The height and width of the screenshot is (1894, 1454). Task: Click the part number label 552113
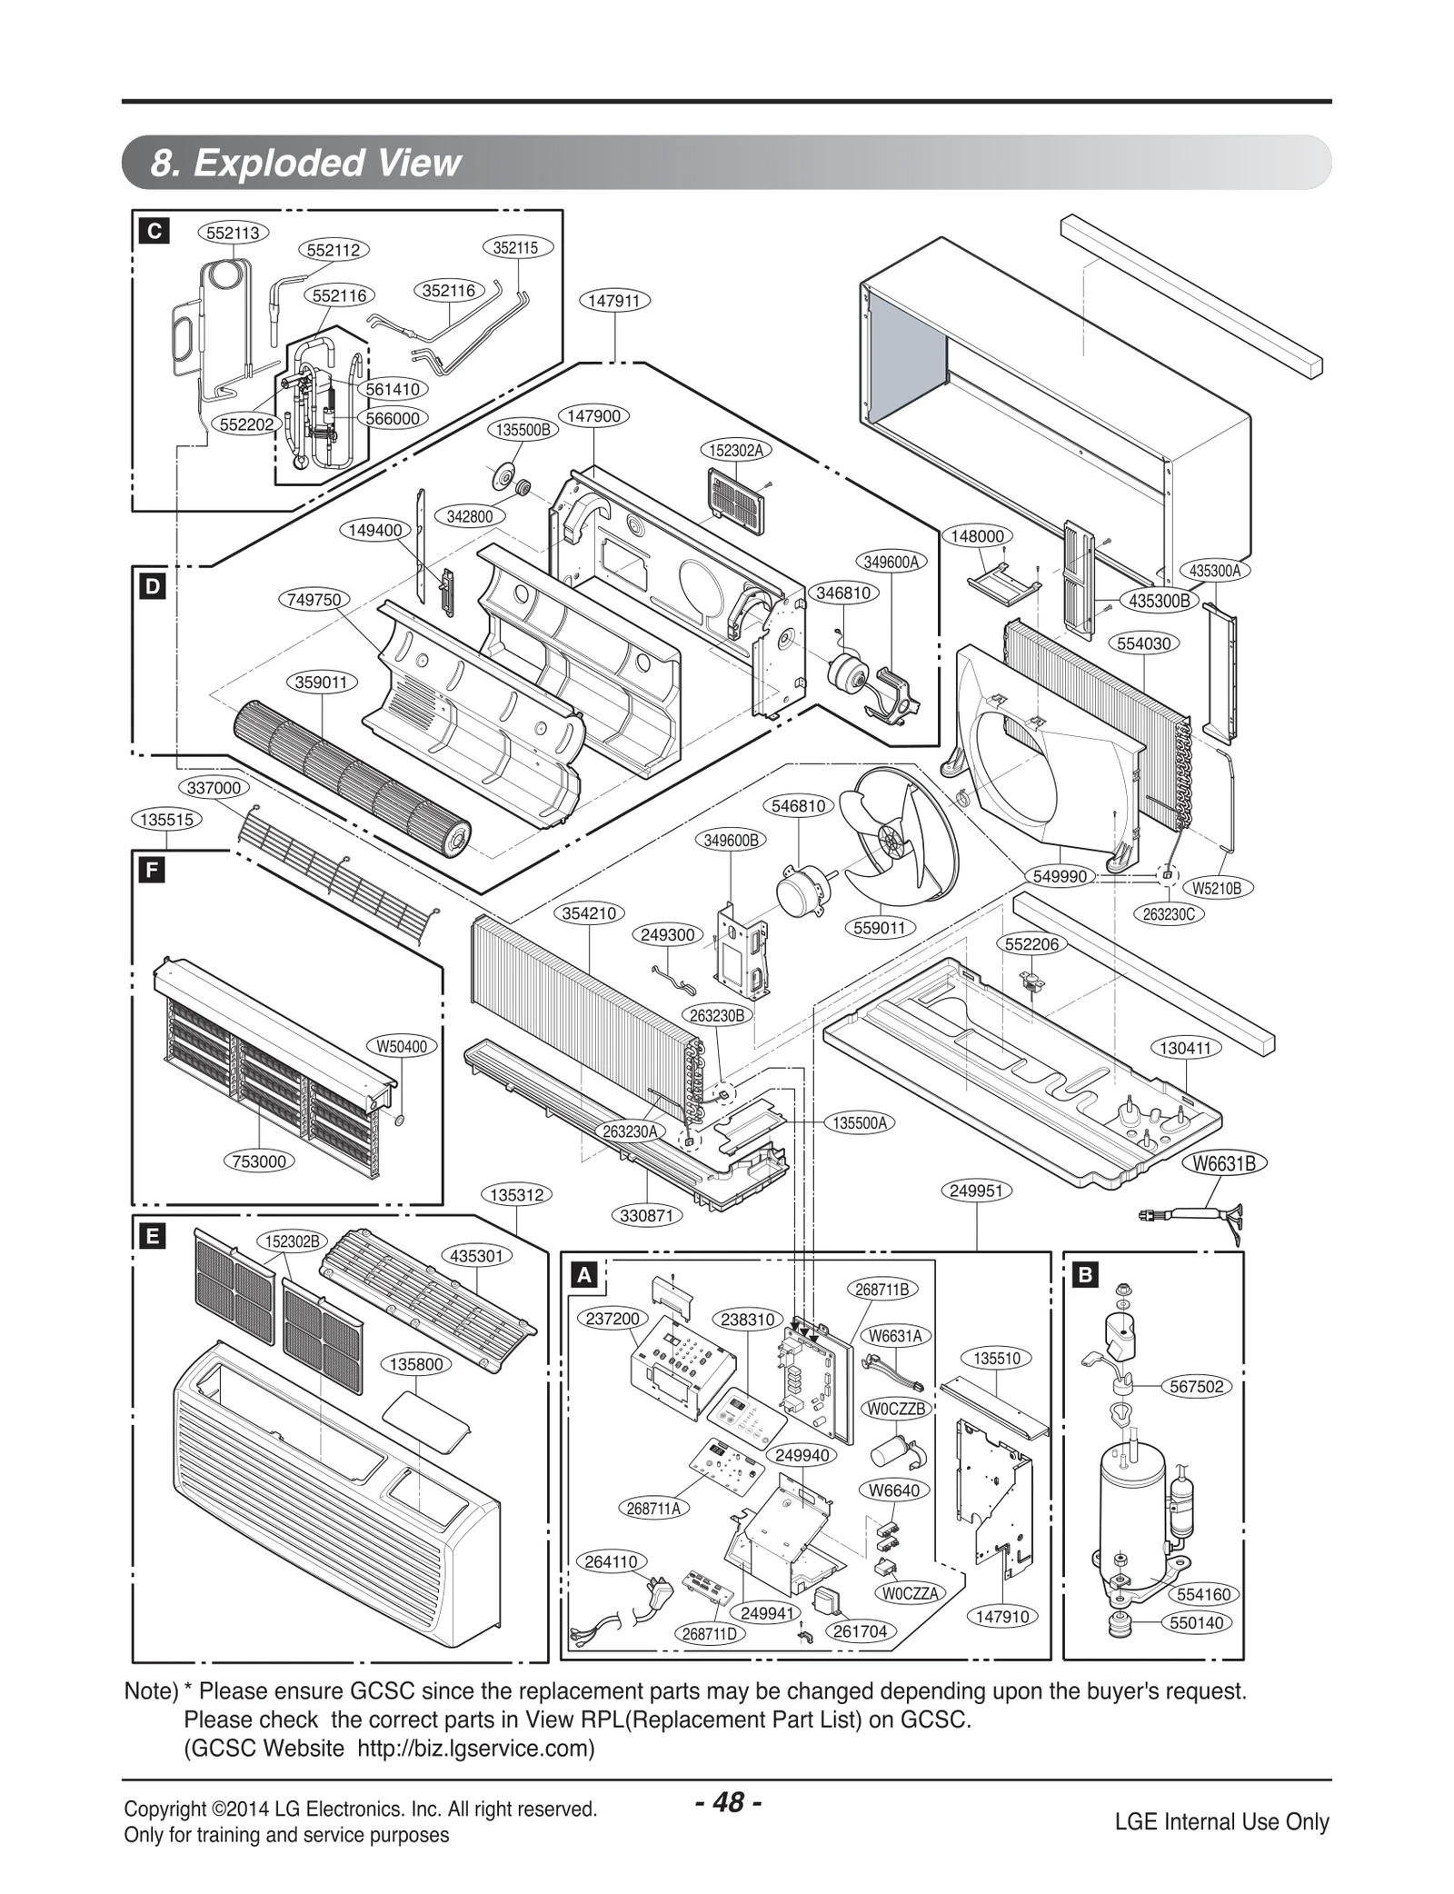click(x=233, y=233)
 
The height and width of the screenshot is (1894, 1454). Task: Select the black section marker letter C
click(x=154, y=232)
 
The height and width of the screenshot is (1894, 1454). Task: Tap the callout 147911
click(x=615, y=300)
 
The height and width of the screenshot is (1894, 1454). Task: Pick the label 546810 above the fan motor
click(x=799, y=805)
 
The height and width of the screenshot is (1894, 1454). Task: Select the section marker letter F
click(x=152, y=871)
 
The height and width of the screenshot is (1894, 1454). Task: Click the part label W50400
click(x=401, y=1046)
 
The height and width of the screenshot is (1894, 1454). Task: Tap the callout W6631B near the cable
click(x=1224, y=1163)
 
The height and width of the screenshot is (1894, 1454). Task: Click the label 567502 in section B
click(x=1197, y=1386)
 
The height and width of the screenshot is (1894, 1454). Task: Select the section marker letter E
click(x=152, y=1235)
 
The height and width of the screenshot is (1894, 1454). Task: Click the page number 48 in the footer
click(x=728, y=1802)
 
